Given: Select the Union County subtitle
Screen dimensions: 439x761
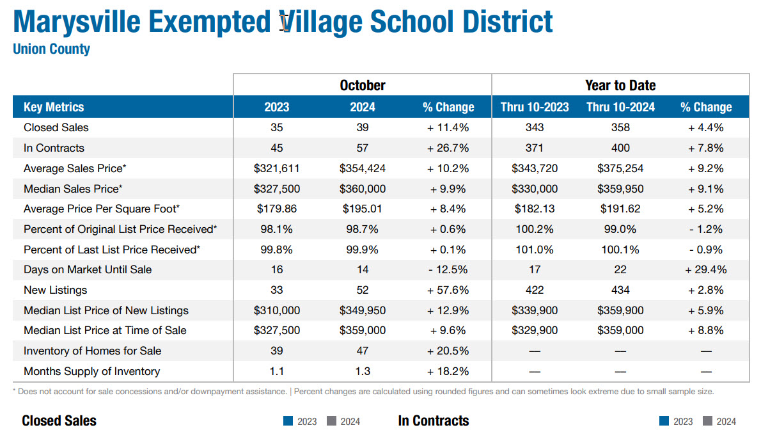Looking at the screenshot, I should point(51,49).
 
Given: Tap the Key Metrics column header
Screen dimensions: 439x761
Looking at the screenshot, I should point(54,107).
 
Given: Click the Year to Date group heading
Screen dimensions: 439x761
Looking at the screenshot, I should point(620,85).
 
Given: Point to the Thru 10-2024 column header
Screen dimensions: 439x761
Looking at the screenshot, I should point(620,107).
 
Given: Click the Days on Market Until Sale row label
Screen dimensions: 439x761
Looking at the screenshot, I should point(88,269).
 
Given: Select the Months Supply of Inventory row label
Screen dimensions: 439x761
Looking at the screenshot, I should point(91,371).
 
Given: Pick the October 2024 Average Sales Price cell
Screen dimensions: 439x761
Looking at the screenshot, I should point(362,168).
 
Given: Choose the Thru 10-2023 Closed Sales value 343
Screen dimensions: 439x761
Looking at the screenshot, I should point(534,127).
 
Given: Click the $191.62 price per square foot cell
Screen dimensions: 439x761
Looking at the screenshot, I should point(620,209).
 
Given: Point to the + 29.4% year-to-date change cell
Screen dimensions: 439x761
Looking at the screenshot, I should point(705,269).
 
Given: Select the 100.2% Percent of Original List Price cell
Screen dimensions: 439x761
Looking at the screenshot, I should point(534,229).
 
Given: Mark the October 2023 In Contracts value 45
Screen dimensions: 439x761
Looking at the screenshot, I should point(276,148).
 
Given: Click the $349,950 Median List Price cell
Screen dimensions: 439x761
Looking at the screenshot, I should point(362,310).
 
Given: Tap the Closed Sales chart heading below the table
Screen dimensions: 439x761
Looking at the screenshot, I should point(59,420).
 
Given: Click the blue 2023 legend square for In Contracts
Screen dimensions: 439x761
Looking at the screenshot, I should point(664,421).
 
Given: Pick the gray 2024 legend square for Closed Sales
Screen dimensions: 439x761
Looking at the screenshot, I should point(331,421).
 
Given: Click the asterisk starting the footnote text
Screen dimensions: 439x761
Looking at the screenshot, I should point(14,390).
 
